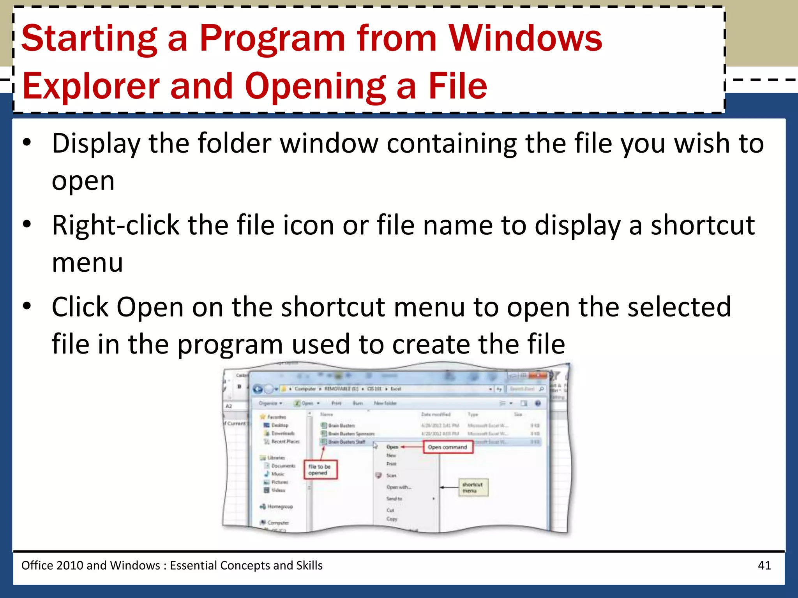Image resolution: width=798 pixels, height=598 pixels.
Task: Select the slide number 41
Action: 764,565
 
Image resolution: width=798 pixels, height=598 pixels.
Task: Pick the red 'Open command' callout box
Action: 448,447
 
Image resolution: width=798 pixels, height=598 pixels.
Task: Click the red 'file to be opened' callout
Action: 320,470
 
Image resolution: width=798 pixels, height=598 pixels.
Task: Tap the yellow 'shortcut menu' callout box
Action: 473,487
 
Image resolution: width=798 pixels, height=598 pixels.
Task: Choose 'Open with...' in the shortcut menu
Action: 399,487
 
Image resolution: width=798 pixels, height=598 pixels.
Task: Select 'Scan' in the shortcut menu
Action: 391,475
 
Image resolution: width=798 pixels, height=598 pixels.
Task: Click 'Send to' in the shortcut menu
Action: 394,499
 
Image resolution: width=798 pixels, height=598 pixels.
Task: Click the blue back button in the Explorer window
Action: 258,389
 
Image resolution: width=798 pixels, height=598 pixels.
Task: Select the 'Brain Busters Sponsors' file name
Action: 351,434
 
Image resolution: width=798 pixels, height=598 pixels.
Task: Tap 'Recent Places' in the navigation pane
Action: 285,441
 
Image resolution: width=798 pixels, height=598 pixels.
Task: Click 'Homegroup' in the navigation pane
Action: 280,507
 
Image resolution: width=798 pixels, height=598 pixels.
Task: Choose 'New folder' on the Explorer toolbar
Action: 385,403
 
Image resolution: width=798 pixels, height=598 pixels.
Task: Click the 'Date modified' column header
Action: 436,414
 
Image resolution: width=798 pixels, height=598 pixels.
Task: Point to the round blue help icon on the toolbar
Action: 538,403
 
